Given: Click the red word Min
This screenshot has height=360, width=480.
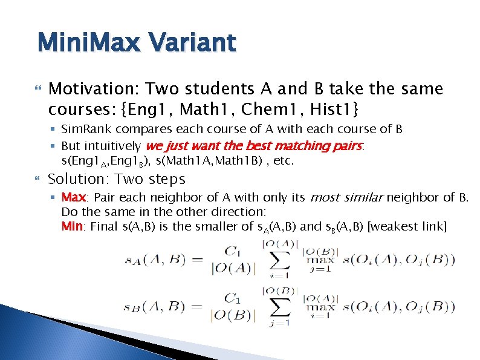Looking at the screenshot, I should pyautogui.click(x=73, y=226).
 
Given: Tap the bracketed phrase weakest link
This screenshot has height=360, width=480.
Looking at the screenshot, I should pyautogui.click(x=407, y=226).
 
